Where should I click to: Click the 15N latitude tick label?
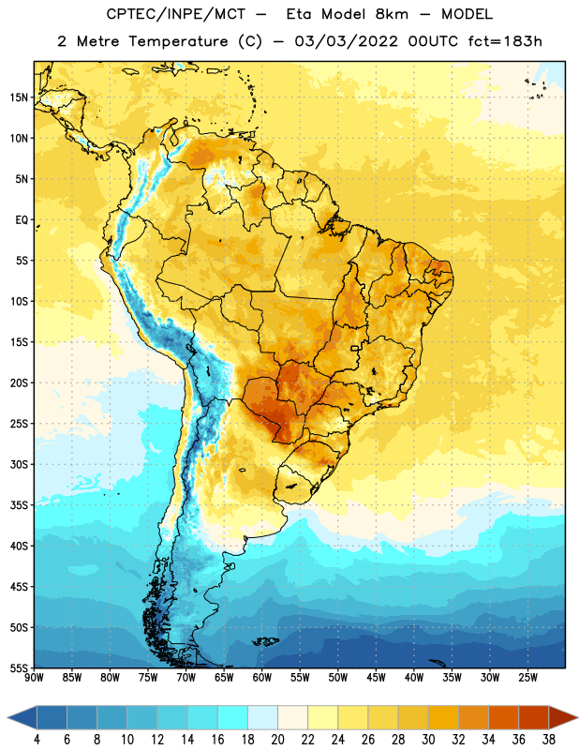tap(19, 97)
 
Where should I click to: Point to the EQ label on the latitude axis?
tap(22, 220)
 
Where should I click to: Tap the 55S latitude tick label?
tap(19, 668)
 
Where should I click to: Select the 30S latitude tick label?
tap(19, 464)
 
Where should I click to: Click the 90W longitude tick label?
tap(34, 678)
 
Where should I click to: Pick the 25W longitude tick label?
tap(527, 678)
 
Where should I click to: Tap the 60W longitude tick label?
tap(262, 678)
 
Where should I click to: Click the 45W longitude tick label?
tap(377, 678)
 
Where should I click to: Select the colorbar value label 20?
tap(277, 740)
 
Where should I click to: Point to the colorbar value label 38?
tap(549, 740)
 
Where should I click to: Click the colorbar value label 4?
tap(37, 740)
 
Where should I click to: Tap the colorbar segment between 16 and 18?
tap(232, 717)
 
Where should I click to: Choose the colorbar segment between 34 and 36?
tap(503, 717)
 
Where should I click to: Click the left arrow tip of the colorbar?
tap(7, 717)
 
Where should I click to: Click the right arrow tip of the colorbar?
tap(578, 717)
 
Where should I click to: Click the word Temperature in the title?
tap(178, 41)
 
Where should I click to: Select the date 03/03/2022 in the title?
tap(346, 41)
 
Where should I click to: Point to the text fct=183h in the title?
tap(505, 41)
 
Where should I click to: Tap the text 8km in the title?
tap(392, 14)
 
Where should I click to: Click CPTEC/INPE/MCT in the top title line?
tap(175, 14)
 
